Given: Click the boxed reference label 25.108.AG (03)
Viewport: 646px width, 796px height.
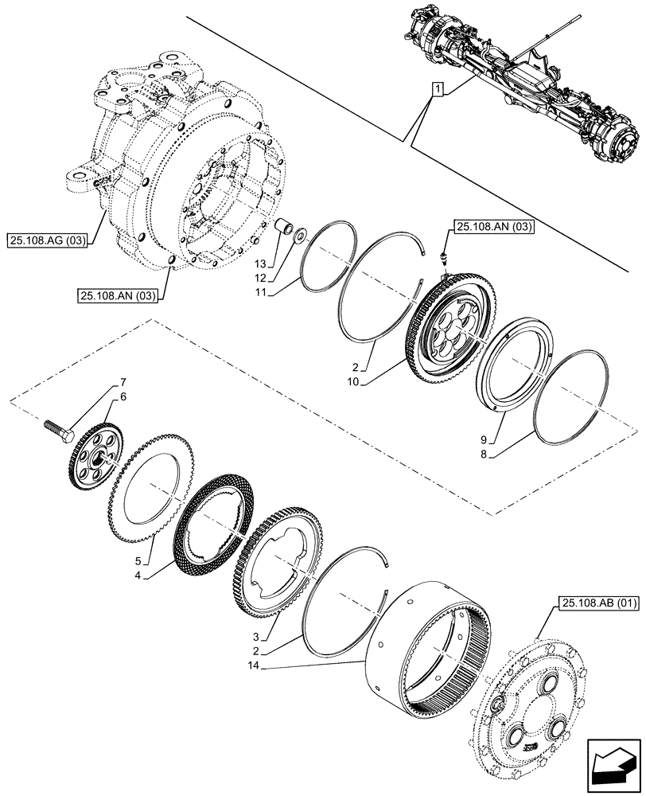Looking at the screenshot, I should click(x=49, y=237).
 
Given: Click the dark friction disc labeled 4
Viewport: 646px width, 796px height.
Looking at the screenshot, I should click(x=212, y=521).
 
